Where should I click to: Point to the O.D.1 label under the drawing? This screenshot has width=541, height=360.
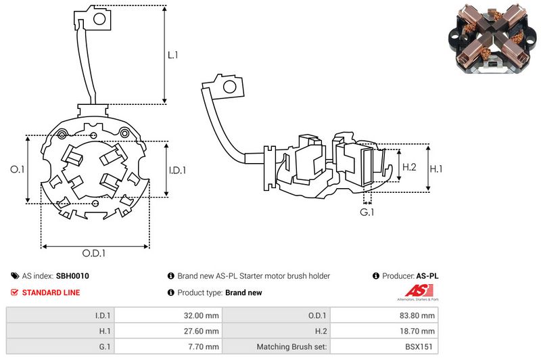(95, 254)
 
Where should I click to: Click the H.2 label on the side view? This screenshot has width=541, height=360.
(409, 167)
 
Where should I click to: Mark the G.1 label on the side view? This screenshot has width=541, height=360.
(367, 212)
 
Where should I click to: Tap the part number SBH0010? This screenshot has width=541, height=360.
(72, 276)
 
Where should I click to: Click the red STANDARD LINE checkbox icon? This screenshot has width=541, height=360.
(15, 292)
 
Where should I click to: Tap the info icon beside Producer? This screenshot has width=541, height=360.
(375, 276)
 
